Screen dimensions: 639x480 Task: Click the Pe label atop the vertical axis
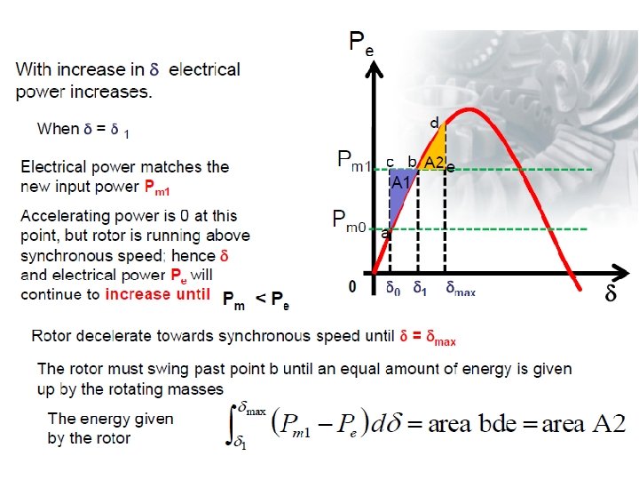click(359, 43)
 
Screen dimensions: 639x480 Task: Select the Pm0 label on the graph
click(348, 220)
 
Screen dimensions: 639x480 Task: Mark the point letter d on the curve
click(434, 121)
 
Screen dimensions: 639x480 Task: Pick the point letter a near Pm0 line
click(385, 235)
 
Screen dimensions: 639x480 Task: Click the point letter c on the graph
click(389, 161)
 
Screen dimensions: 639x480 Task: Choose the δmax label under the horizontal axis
click(461, 289)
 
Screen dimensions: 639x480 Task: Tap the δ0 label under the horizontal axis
click(392, 289)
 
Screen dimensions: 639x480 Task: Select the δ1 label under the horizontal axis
click(421, 289)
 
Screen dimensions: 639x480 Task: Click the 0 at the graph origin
click(352, 287)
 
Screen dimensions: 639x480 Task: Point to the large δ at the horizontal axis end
click(611, 292)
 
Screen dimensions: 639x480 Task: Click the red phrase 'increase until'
click(157, 294)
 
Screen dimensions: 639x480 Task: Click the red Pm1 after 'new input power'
click(157, 188)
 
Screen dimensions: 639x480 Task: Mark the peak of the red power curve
click(470, 109)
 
